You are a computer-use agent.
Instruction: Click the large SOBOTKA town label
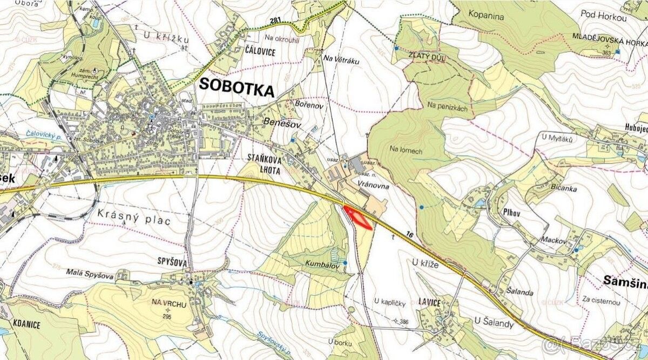tap(237, 86)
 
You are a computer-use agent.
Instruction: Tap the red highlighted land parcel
tap(358, 218)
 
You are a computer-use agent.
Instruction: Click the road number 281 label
tap(276, 21)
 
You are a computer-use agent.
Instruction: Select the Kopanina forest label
tap(486, 16)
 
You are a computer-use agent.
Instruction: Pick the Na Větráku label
tap(341, 61)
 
